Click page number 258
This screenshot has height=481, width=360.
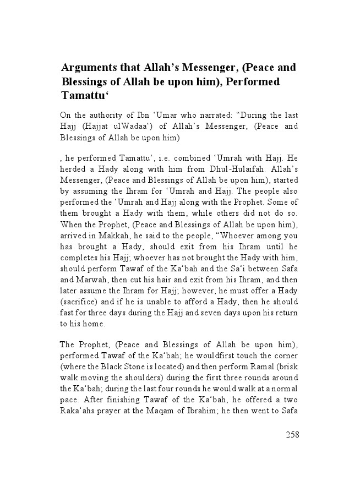pyautogui.click(x=292, y=434)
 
